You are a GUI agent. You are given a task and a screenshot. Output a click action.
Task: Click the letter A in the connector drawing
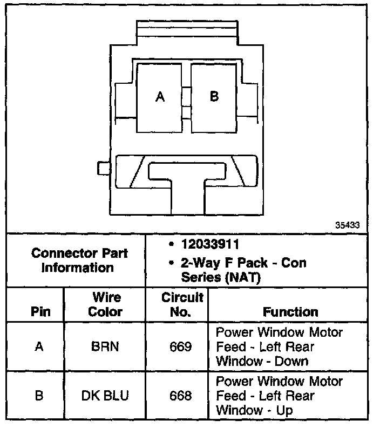[x=160, y=97]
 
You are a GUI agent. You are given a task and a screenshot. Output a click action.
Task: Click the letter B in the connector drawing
[x=214, y=96]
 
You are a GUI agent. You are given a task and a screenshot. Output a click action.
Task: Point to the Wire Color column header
[x=105, y=304]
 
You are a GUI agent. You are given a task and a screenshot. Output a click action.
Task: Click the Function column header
[x=290, y=312]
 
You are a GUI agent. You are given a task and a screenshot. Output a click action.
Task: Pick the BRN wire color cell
[x=105, y=346]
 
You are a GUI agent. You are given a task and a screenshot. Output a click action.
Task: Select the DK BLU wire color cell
[x=105, y=395]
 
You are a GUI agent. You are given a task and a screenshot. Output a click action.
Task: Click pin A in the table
[x=39, y=346]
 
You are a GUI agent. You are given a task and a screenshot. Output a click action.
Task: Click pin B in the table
[x=39, y=395]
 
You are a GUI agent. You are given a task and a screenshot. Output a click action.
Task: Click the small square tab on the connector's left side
[x=104, y=168]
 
